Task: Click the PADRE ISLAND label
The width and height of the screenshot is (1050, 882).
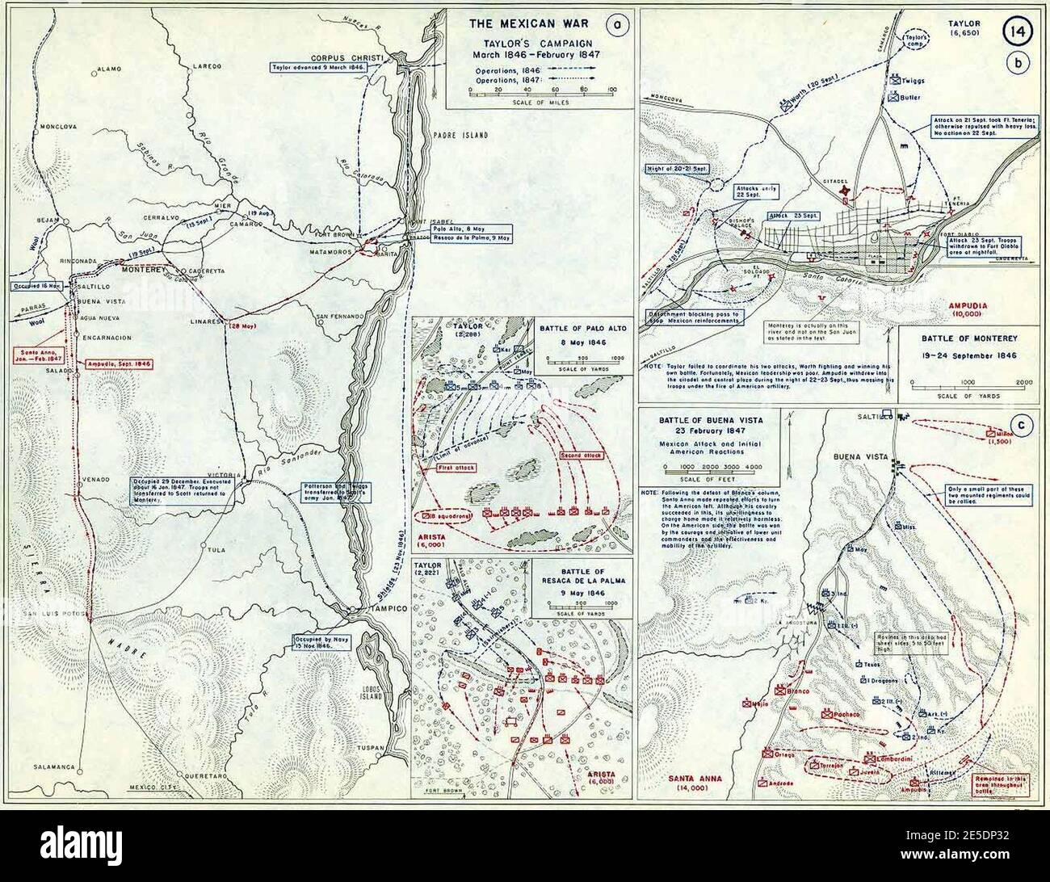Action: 460,136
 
